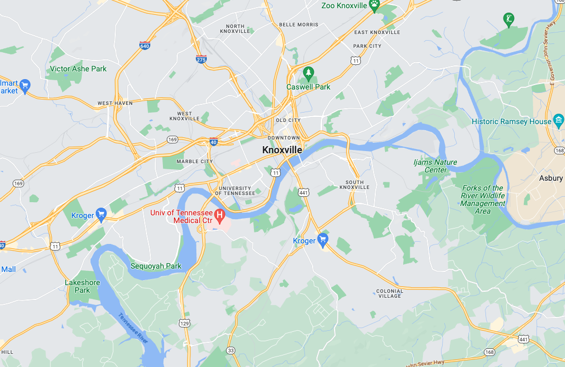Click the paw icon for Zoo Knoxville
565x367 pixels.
click(374, 5)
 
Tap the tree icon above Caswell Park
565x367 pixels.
click(308, 73)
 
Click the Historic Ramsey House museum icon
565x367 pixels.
click(558, 120)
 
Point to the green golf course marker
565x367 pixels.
click(508, 20)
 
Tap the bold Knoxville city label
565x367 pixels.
click(282, 150)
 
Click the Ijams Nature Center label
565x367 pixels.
click(435, 166)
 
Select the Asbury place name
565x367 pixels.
click(551, 178)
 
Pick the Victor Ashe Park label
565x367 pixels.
click(78, 69)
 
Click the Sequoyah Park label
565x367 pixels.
click(156, 266)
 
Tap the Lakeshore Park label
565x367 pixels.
click(82, 286)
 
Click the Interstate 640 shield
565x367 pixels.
click(145, 45)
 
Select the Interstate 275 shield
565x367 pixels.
click(201, 59)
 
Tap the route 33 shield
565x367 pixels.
click(230, 351)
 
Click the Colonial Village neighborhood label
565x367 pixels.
click(389, 293)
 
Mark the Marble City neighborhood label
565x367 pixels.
click(195, 162)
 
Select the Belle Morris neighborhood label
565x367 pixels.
click(298, 25)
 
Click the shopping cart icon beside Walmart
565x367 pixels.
click(25, 85)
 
